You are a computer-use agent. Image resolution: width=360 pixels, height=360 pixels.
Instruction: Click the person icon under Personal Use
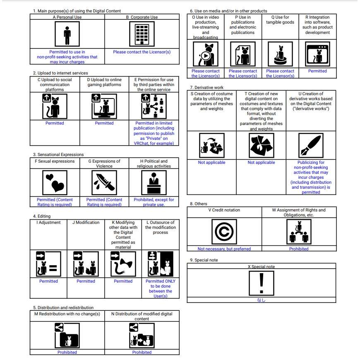[x=67, y=35]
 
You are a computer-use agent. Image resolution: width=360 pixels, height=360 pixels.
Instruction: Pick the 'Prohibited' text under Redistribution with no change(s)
[x=67, y=352]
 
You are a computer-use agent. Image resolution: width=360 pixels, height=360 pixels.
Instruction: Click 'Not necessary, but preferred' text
[x=224, y=249]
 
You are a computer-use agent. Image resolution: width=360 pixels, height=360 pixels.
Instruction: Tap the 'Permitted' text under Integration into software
[x=317, y=71]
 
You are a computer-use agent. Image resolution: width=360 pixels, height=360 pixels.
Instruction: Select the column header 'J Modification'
[x=86, y=223]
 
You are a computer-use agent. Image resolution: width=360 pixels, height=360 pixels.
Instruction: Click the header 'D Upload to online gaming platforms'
[x=104, y=82]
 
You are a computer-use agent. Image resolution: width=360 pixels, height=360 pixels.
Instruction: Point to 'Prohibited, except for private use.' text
[x=154, y=202]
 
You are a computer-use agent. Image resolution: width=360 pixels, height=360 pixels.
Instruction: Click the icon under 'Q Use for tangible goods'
[x=280, y=54]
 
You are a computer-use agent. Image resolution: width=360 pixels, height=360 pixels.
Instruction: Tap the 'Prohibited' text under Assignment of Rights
[x=299, y=249]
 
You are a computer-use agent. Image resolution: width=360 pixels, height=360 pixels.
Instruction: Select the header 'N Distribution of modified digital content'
[x=142, y=316]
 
